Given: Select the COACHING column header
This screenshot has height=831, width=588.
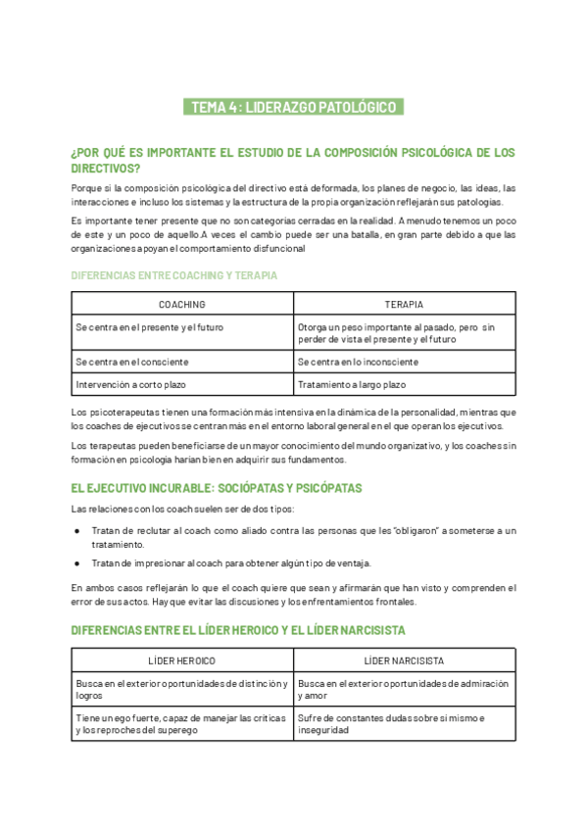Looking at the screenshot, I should pyautogui.click(x=182, y=305).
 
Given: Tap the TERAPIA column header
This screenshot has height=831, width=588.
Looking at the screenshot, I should pyautogui.click(x=404, y=305).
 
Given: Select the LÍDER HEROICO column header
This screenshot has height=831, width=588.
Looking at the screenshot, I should pyautogui.click(x=182, y=661).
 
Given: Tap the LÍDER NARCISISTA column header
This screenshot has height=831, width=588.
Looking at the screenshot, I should pyautogui.click(x=404, y=661).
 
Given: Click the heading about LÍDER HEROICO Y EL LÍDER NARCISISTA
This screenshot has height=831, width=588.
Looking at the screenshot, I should pyautogui.click(x=238, y=630).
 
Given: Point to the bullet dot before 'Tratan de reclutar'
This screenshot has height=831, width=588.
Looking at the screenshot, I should pyautogui.click(x=78, y=531).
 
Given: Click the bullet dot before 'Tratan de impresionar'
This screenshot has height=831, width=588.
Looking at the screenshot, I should pyautogui.click(x=78, y=562).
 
